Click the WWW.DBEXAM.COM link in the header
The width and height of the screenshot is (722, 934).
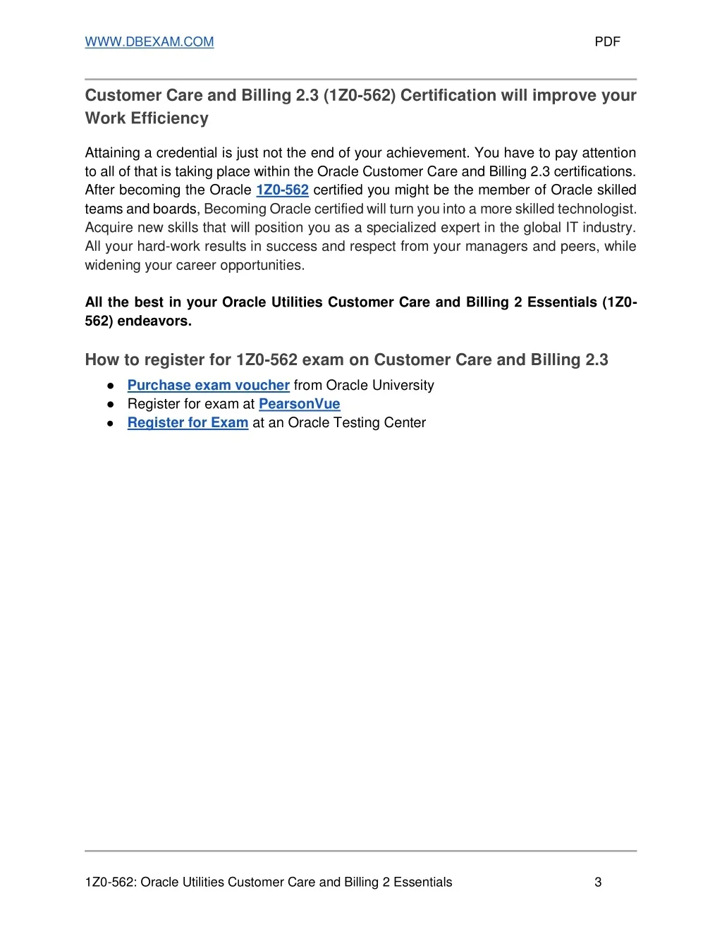point(149,42)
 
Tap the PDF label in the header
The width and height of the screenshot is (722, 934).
point(607,42)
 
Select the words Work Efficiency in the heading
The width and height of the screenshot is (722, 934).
point(147,118)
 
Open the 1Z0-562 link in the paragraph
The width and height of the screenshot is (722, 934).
point(282,190)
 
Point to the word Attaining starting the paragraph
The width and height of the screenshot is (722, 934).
point(113,153)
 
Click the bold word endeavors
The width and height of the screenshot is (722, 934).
point(154,321)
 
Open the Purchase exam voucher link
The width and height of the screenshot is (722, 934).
point(208,386)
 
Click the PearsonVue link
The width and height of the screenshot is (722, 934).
point(299,404)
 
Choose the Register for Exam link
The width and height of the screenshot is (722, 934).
point(188,423)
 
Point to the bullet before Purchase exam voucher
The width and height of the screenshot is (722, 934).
point(111,386)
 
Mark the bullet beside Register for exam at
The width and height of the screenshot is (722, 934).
point(111,405)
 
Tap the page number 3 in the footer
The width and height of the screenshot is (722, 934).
point(598,882)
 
